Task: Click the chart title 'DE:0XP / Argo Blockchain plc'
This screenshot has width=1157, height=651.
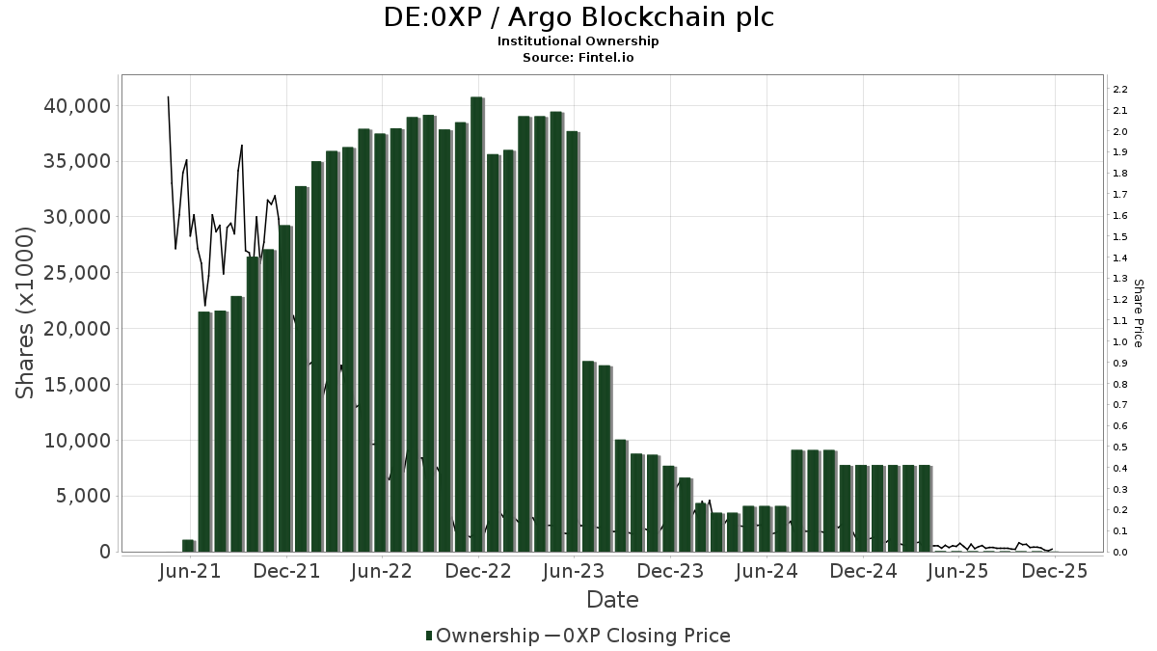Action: (x=578, y=17)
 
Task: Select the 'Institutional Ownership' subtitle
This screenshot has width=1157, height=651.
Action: (x=578, y=41)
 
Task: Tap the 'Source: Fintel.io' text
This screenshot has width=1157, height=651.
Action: (x=578, y=57)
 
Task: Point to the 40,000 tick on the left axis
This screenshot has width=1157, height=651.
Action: (x=78, y=105)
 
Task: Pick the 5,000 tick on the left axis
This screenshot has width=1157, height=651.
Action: (x=86, y=496)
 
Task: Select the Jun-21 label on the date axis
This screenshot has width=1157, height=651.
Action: (x=190, y=571)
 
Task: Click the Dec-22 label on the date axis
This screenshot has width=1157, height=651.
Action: (x=478, y=571)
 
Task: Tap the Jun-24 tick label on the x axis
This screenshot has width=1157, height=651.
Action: (x=767, y=571)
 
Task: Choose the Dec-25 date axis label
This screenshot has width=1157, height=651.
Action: (x=1055, y=571)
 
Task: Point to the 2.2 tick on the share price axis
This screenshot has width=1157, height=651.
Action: (x=1119, y=90)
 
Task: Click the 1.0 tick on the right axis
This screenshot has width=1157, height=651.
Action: (x=1119, y=342)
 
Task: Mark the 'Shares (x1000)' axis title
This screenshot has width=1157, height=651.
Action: (x=26, y=312)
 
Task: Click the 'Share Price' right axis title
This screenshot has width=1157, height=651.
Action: (x=1138, y=312)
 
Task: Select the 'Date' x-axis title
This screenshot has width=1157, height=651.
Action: (x=612, y=600)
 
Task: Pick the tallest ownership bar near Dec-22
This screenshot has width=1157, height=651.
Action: (x=476, y=323)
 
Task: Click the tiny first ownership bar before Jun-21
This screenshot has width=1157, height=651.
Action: (x=188, y=546)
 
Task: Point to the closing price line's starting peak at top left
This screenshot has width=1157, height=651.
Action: (x=168, y=97)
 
